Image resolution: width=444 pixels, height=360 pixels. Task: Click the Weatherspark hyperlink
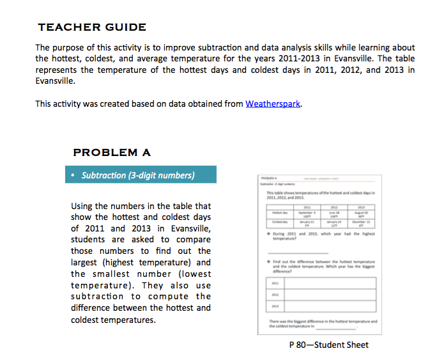pyautogui.click(x=273, y=104)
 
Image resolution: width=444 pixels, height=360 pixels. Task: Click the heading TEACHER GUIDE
pyautogui.click(x=92, y=27)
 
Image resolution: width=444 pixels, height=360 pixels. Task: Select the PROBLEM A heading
pyautogui.click(x=112, y=152)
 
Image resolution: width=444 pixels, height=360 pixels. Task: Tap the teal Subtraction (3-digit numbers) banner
pyautogui.click(x=141, y=175)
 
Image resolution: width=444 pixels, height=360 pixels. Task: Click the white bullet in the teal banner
pyautogui.click(x=75, y=175)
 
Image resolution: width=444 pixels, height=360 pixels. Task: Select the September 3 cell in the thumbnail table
pyautogui.click(x=305, y=212)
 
